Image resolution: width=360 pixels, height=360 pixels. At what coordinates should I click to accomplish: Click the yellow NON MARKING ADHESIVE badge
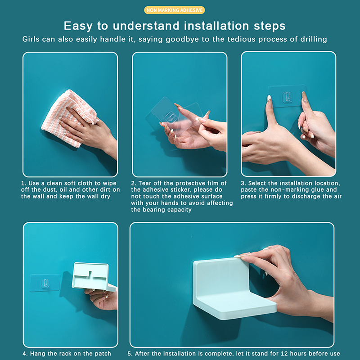click(x=175, y=10)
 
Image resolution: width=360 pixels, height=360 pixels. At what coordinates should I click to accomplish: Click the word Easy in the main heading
click(x=78, y=26)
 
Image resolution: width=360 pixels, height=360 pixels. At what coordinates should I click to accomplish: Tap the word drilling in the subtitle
click(x=314, y=39)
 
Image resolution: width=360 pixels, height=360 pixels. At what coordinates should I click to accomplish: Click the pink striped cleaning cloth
click(x=69, y=117)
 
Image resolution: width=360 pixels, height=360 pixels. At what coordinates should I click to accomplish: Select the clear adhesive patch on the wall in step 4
click(x=45, y=283)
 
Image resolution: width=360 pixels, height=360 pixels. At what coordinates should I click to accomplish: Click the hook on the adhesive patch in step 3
click(x=287, y=97)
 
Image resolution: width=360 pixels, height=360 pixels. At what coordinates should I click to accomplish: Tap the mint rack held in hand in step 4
click(x=91, y=277)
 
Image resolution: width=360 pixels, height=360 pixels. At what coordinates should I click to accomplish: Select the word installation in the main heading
click(x=216, y=26)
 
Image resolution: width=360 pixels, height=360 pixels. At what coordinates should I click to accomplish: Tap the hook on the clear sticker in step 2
click(x=171, y=117)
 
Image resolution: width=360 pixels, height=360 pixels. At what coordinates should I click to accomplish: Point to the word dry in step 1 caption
click(x=106, y=197)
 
